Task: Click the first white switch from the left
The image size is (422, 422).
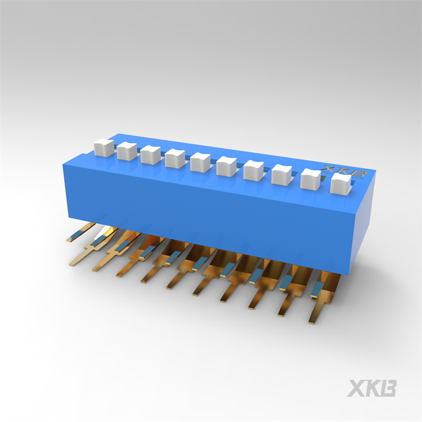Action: (104, 147)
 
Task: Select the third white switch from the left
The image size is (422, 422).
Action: (150, 155)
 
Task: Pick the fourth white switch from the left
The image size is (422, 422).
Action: (175, 159)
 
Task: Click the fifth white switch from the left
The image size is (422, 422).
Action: (200, 162)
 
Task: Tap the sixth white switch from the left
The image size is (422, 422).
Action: (226, 167)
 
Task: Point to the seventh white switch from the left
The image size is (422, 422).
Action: (254, 170)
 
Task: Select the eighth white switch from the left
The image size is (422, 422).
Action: (281, 174)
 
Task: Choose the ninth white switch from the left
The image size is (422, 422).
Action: (311, 179)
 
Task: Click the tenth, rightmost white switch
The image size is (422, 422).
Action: (341, 183)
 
